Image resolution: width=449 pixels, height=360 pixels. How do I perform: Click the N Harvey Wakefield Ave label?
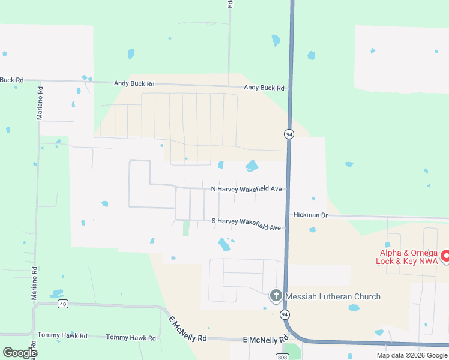coord(247,189)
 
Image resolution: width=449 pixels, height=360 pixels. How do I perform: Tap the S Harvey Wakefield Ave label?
coord(246,221)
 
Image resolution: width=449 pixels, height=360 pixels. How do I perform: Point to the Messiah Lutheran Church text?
coord(332,296)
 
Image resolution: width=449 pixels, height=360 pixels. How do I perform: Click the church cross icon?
coord(276,295)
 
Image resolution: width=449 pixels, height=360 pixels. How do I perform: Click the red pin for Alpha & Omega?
coord(445,256)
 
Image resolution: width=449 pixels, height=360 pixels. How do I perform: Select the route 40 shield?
coord(62,304)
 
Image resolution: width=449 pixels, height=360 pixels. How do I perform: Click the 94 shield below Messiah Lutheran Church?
coord(285,314)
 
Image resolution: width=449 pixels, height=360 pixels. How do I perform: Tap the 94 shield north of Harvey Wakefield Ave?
coord(289,133)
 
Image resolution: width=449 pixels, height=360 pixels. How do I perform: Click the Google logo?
coord(20,353)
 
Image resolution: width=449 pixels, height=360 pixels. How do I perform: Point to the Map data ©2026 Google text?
coord(412,355)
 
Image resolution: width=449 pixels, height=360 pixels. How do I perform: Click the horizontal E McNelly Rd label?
coord(266,340)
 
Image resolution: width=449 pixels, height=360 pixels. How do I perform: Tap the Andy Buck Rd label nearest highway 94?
coord(264,88)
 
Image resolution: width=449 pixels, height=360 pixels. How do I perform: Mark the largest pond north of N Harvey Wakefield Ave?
coord(252,165)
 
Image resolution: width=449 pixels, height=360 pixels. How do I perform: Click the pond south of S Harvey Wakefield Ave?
coord(224,244)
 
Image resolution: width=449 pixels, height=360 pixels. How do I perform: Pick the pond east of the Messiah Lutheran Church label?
coord(354,308)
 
